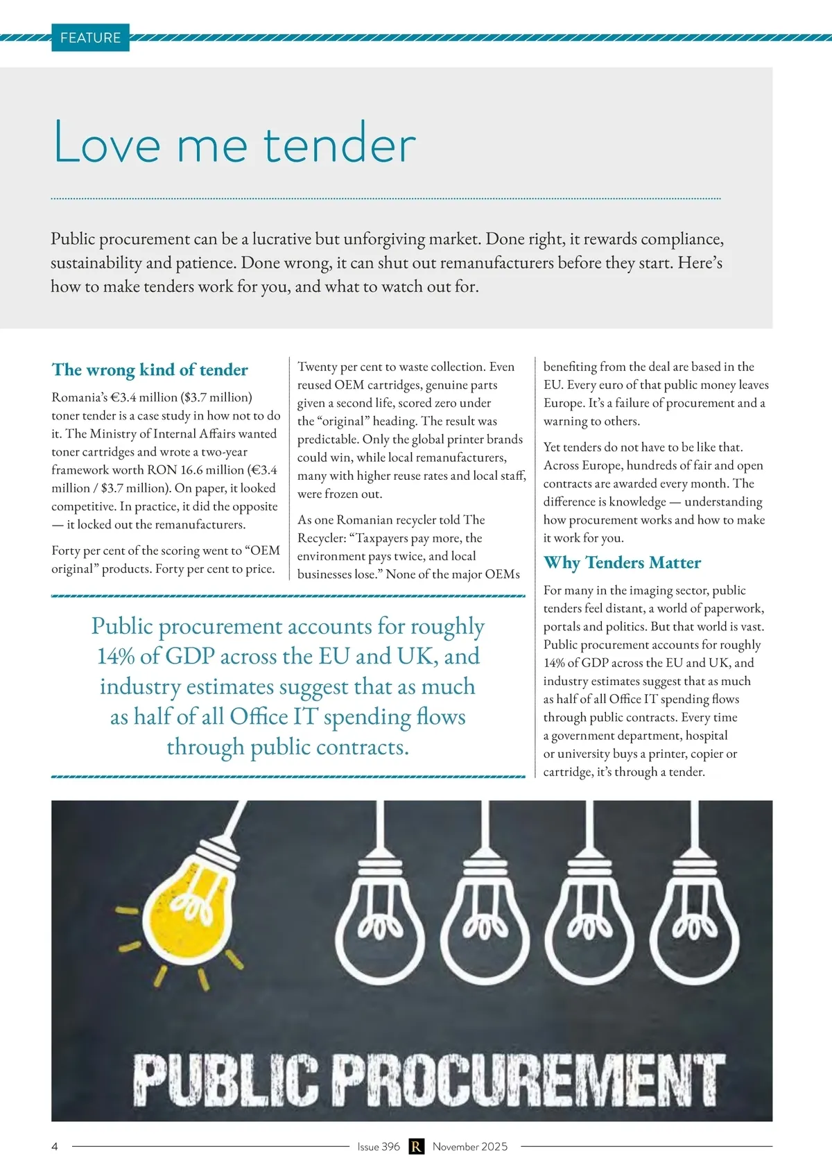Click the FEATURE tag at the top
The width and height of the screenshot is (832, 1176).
[x=90, y=38]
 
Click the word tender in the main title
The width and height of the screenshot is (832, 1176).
[x=339, y=144]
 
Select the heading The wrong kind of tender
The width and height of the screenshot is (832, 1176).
[x=150, y=370]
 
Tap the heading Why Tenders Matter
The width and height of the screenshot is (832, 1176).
[x=622, y=562]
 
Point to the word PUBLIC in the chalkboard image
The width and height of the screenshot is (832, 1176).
[x=225, y=1080]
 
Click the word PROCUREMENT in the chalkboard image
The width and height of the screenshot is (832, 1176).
[x=527, y=1080]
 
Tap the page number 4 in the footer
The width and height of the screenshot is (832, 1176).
[x=55, y=1146]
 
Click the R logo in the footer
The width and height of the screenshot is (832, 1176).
[x=416, y=1146]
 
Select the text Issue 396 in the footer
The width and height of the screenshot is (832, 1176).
[x=379, y=1146]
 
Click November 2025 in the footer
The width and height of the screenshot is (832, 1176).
[x=470, y=1146]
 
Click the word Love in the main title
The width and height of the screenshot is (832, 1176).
[x=107, y=144]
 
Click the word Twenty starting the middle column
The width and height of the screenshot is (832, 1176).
[x=317, y=367]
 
